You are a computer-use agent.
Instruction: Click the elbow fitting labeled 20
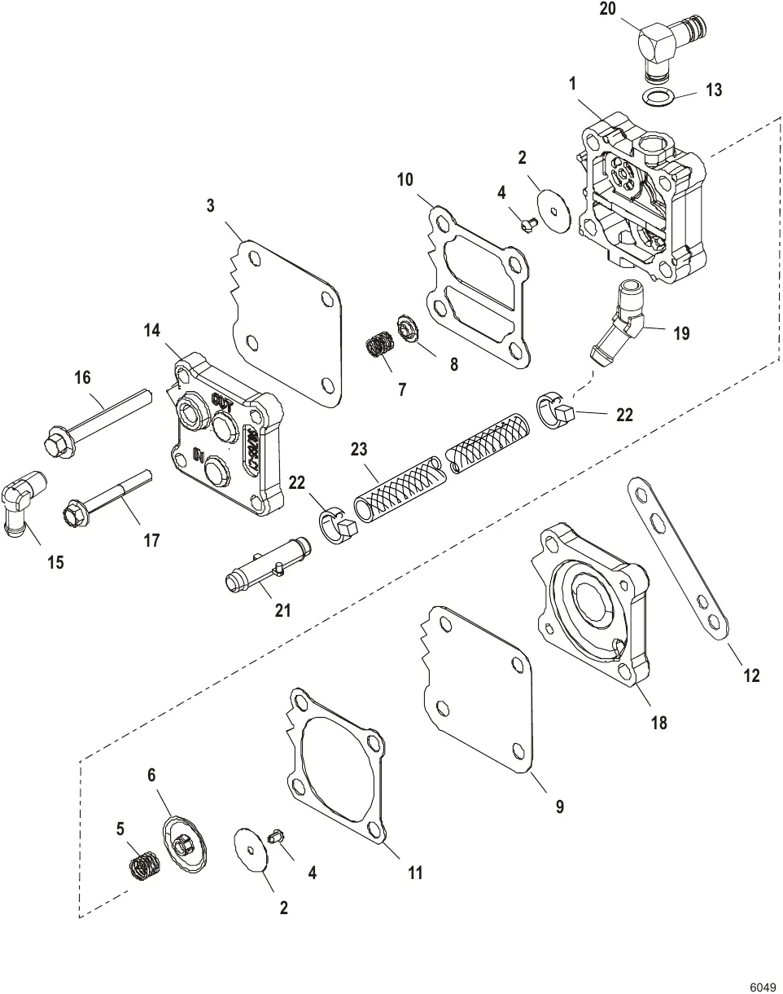click(x=663, y=46)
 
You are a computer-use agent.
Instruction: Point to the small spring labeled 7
click(x=379, y=345)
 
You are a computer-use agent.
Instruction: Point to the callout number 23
click(x=359, y=449)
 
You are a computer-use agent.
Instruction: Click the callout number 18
click(x=658, y=722)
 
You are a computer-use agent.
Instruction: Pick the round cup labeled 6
click(x=185, y=846)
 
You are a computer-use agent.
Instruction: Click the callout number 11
click(x=415, y=873)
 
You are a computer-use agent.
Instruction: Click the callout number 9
click(x=559, y=807)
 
